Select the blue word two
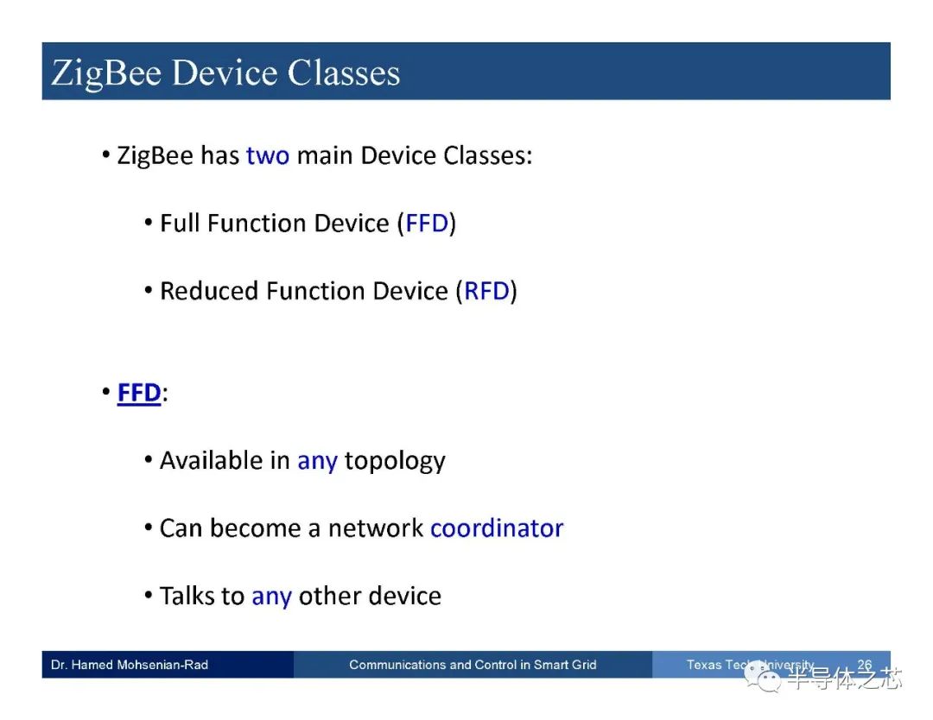click(x=267, y=156)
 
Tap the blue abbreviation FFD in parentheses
click(x=427, y=224)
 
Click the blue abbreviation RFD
click(x=486, y=291)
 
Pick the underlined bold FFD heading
click(x=139, y=393)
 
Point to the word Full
click(x=179, y=224)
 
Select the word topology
click(x=394, y=461)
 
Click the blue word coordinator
click(x=496, y=527)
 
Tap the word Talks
click(x=188, y=596)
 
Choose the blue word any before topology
click(x=316, y=461)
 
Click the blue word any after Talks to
click(x=270, y=596)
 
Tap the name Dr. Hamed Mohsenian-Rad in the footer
click(x=130, y=665)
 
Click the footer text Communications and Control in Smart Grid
click(x=473, y=665)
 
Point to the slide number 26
click(x=864, y=665)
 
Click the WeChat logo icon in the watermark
click(x=765, y=679)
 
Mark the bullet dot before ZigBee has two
click(x=105, y=156)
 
